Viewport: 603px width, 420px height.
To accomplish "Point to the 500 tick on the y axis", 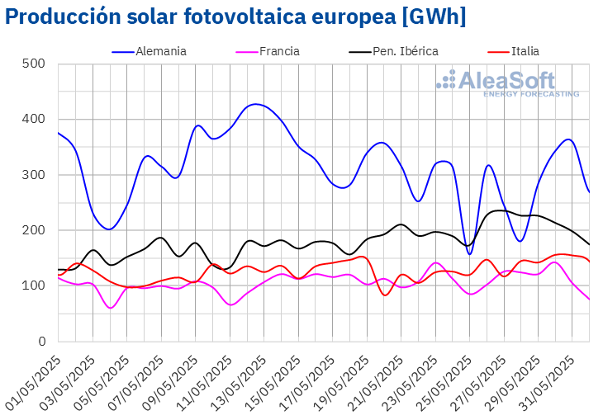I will (x=34, y=64).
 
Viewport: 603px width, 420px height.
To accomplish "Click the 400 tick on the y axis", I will (x=34, y=119).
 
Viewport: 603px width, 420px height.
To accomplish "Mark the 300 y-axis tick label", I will (x=34, y=175).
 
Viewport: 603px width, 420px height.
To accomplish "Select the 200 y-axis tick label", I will (x=34, y=230).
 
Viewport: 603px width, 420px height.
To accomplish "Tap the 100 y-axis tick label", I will (x=34, y=286).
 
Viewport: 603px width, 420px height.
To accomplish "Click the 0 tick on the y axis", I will (x=40, y=342).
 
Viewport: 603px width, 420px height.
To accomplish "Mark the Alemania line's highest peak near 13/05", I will (x=256, y=104).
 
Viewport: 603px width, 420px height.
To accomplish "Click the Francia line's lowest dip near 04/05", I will (x=111, y=308).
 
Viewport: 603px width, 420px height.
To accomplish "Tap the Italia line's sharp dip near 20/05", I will (x=385, y=295).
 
